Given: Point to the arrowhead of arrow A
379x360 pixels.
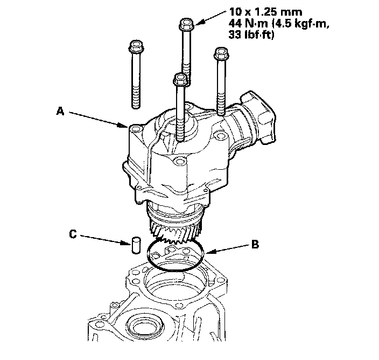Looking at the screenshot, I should (x=125, y=126).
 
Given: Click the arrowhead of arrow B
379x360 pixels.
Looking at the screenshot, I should (x=205, y=252).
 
